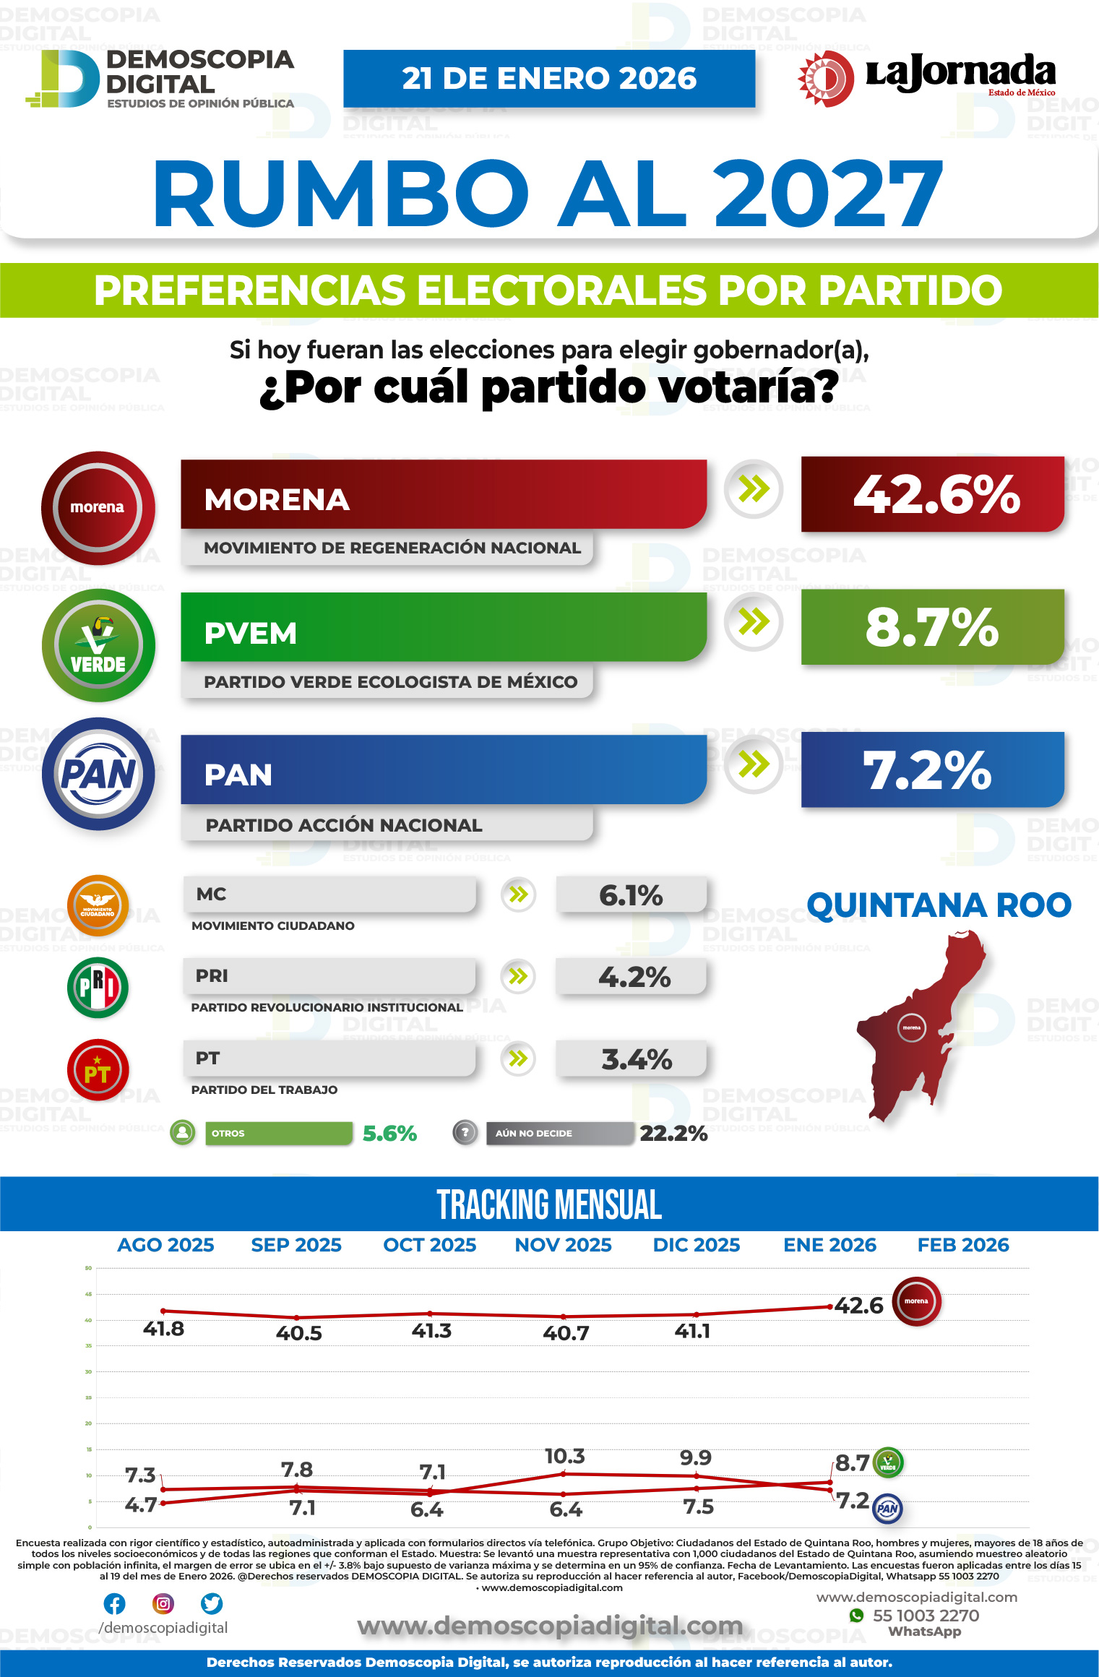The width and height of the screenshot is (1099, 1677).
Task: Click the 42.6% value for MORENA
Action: pyautogui.click(x=936, y=495)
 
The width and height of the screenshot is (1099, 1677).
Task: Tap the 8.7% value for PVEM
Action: pyautogui.click(x=932, y=627)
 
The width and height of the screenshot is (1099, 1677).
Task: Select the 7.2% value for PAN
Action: pyautogui.click(x=928, y=770)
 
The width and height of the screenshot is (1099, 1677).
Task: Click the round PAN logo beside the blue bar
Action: pyautogui.click(x=98, y=774)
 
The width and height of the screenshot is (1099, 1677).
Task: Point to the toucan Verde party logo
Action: pyautogui.click(x=98, y=645)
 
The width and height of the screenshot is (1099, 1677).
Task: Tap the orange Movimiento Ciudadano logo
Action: pyautogui.click(x=98, y=905)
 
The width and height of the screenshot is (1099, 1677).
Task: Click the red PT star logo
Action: pyautogui.click(x=98, y=1070)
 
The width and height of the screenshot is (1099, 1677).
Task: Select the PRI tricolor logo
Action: pyautogui.click(x=98, y=987)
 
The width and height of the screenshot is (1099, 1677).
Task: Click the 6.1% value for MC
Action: pyautogui.click(x=631, y=896)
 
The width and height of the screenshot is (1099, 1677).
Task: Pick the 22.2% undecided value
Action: pyautogui.click(x=673, y=1133)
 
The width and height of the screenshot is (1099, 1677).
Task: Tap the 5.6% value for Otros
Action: pyautogui.click(x=389, y=1133)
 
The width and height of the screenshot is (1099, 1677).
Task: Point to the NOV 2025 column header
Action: pyautogui.click(x=563, y=1245)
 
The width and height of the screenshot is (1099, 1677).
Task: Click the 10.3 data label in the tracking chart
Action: pyautogui.click(x=564, y=1456)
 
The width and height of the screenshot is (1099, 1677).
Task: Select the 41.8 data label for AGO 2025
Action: pyautogui.click(x=163, y=1329)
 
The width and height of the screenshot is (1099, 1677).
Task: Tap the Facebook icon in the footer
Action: pyautogui.click(x=114, y=1603)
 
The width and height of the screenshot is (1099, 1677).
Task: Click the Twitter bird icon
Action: pyautogui.click(x=212, y=1603)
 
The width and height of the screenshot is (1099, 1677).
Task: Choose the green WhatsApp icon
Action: pyautogui.click(x=856, y=1615)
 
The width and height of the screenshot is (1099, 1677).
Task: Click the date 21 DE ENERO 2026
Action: pyautogui.click(x=549, y=78)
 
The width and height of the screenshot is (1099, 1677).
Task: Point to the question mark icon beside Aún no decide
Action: pyautogui.click(x=465, y=1132)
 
